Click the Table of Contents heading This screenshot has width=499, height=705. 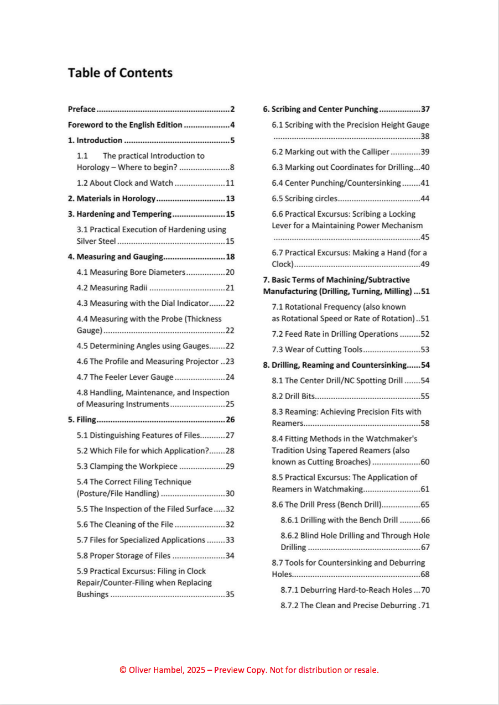[120, 73]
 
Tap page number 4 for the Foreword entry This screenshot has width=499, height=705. [232, 124]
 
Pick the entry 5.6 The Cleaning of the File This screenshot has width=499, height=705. [125, 524]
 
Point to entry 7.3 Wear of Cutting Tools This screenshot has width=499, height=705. [317, 349]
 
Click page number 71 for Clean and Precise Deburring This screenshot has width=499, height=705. [425, 605]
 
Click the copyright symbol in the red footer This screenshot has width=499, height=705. [123, 670]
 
